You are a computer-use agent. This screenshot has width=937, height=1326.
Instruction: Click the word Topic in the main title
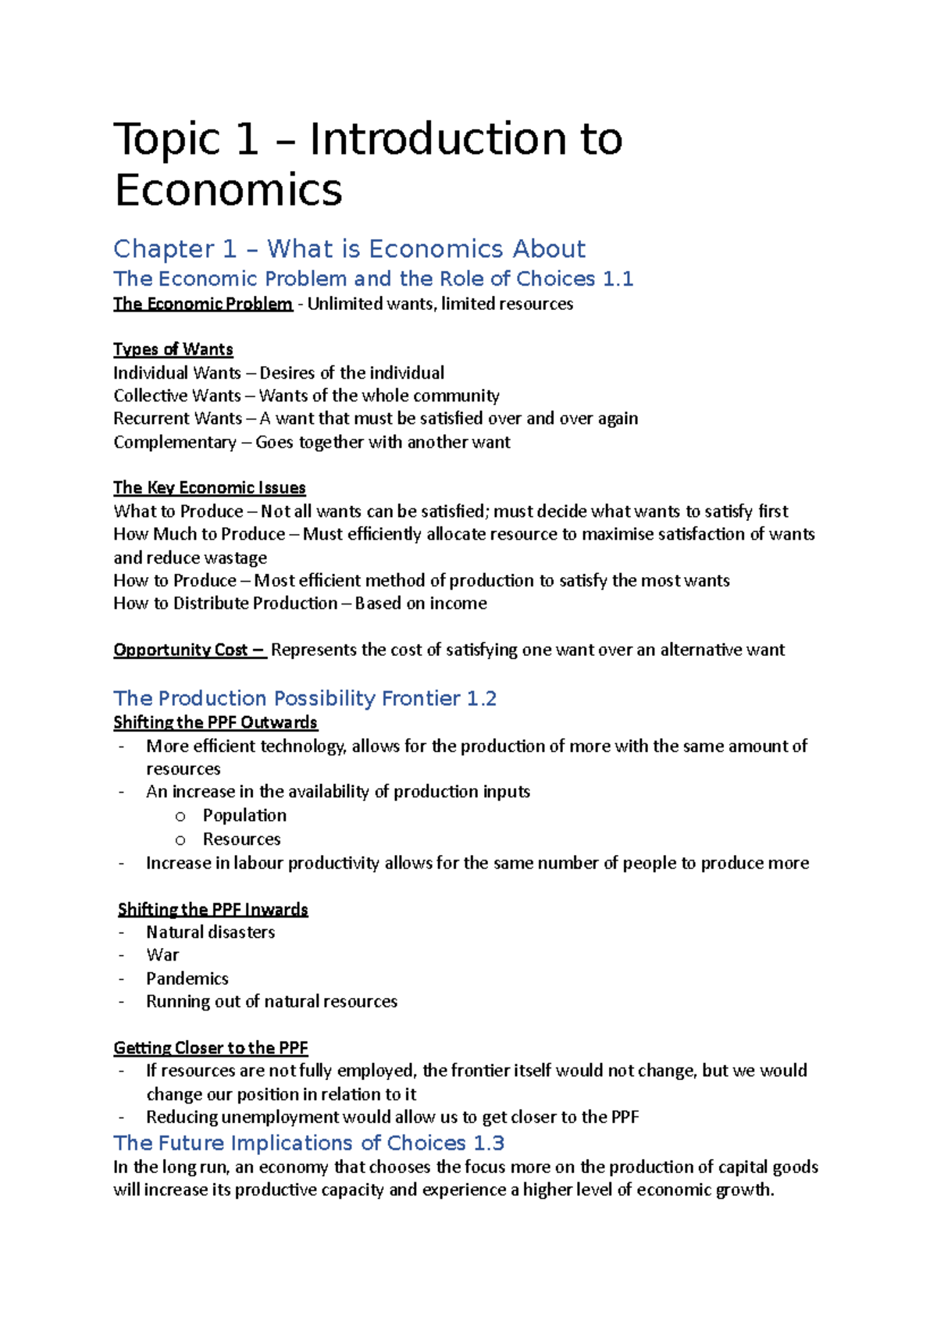[166, 141]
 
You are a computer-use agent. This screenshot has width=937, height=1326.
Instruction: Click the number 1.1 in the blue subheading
[618, 279]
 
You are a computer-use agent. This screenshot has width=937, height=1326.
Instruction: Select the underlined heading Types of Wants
[173, 349]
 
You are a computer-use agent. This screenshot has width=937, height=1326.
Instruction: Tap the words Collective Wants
[176, 396]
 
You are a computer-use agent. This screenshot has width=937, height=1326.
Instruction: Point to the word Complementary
[174, 442]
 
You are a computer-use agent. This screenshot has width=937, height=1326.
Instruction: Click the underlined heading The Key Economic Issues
[209, 487]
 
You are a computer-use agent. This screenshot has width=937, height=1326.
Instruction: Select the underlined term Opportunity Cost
[181, 650]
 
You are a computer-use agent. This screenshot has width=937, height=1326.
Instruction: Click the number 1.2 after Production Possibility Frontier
[481, 698]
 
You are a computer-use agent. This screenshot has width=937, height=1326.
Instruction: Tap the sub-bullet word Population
[244, 815]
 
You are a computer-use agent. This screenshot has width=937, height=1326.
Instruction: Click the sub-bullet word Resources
[241, 839]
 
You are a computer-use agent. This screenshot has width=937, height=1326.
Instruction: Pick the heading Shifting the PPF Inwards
[212, 909]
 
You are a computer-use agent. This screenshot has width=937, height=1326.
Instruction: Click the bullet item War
[162, 955]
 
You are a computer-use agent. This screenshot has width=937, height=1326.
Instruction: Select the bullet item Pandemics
[187, 978]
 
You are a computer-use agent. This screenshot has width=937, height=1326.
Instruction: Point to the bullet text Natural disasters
[210, 932]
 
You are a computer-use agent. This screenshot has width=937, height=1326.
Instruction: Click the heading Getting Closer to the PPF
[211, 1047]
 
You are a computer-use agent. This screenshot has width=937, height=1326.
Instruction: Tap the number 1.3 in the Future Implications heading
[489, 1143]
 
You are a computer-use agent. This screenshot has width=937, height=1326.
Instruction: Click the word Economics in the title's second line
[228, 191]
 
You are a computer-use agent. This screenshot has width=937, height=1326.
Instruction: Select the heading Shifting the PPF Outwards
[216, 722]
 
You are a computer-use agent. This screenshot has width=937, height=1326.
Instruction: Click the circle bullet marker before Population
[180, 817]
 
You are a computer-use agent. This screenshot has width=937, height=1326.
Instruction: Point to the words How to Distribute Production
[225, 604]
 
